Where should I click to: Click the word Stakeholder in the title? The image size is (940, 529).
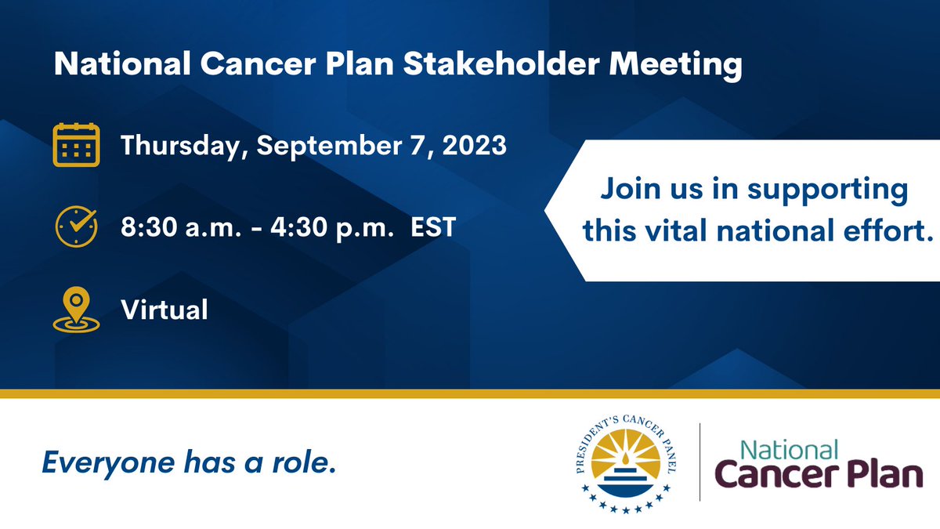pyautogui.click(x=501, y=63)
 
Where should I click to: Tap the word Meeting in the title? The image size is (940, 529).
pyautogui.click(x=675, y=66)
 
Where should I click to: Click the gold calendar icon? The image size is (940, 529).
pyautogui.click(x=77, y=145)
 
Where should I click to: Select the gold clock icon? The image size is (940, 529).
pyautogui.click(x=76, y=226)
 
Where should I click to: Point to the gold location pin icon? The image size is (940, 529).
pyautogui.click(x=77, y=310)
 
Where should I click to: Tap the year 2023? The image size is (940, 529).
pyautogui.click(x=474, y=145)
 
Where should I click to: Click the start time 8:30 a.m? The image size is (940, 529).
pyautogui.click(x=181, y=227)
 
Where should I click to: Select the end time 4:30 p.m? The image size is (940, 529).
pyautogui.click(x=332, y=228)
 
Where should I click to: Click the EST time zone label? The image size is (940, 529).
pyautogui.click(x=433, y=227)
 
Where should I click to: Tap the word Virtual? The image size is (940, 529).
pyautogui.click(x=164, y=310)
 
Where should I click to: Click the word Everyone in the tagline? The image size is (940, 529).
pyautogui.click(x=108, y=463)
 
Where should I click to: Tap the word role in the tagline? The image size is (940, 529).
pyautogui.click(x=304, y=462)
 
